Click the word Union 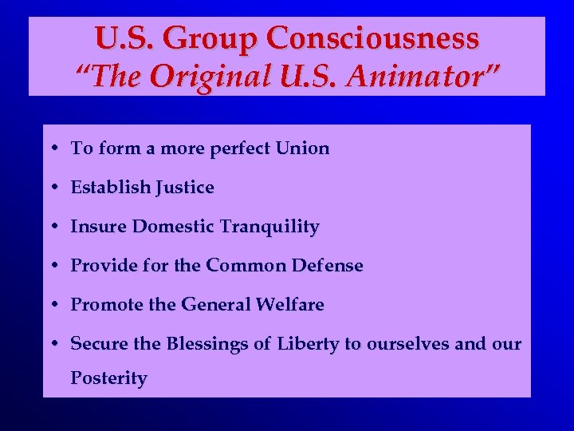(302, 148)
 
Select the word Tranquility (270, 227)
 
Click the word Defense (328, 266)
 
